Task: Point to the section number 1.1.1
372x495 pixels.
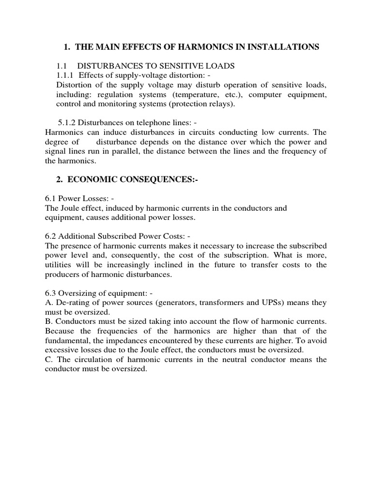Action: [66, 75]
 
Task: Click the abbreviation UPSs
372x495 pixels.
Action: [283, 303]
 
